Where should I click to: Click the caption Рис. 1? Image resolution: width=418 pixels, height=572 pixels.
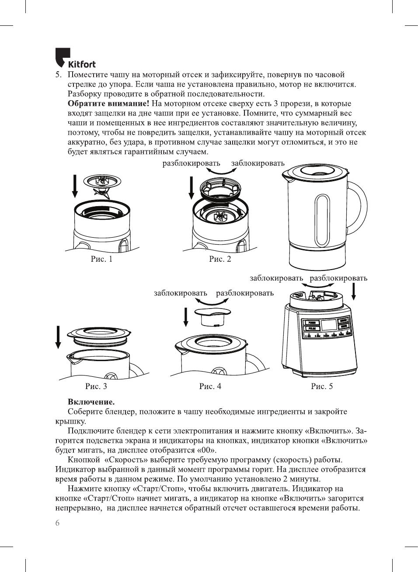[101, 259]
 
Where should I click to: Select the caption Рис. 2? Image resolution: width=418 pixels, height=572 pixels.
[220, 259]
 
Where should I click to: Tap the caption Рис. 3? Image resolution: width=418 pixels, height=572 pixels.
[96, 386]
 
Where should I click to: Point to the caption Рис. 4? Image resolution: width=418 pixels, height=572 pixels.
[210, 386]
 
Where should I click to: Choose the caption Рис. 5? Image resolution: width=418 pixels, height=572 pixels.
[322, 386]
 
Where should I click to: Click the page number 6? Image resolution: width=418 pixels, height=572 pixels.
[57, 523]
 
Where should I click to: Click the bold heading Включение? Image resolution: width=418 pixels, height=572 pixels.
[91, 402]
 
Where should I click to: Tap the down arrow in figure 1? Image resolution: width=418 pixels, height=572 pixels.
[75, 186]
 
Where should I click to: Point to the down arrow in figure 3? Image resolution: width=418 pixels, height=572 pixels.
[58, 337]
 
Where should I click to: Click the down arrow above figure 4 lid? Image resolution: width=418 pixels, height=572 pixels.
[186, 317]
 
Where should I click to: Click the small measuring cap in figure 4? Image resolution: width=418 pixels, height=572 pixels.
[211, 317]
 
